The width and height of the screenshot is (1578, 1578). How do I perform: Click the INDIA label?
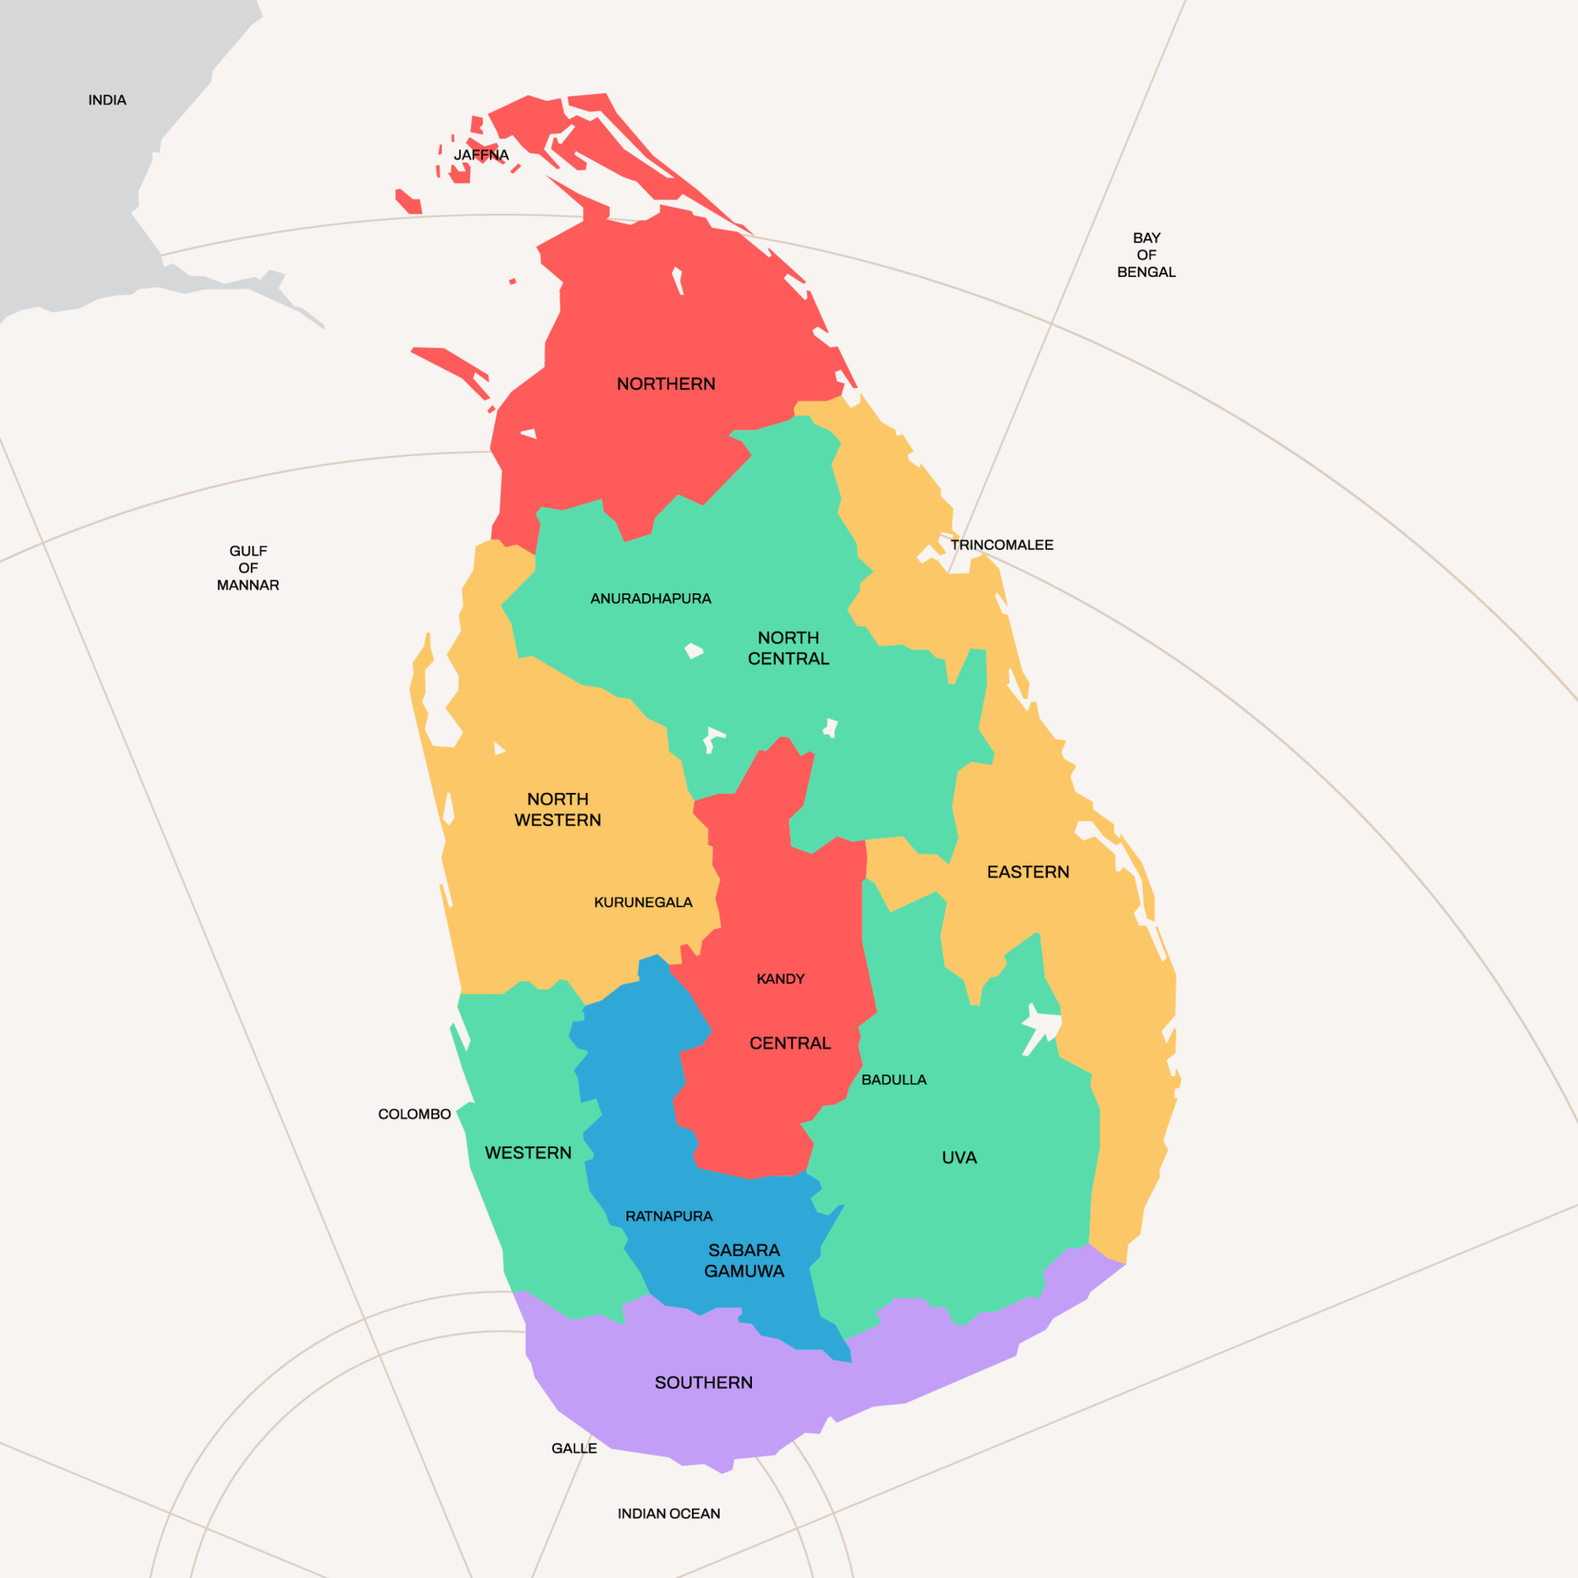tap(107, 100)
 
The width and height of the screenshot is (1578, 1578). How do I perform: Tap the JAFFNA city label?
tap(481, 155)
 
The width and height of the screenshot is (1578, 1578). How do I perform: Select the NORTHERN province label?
tap(666, 384)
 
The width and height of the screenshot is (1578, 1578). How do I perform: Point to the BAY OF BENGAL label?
tap(1146, 255)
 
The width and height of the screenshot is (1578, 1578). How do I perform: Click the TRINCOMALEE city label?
tap(1002, 545)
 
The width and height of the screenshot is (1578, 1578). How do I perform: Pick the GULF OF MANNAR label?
tap(247, 568)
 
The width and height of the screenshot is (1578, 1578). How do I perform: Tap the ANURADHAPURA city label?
tap(650, 598)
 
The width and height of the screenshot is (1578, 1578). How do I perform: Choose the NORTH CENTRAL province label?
tap(788, 648)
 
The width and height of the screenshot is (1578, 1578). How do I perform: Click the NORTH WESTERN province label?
tap(557, 810)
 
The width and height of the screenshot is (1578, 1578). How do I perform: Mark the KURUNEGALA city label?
tap(643, 902)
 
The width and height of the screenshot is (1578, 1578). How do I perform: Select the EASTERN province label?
tap(1027, 872)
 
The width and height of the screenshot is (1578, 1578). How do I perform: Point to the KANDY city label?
tap(780, 979)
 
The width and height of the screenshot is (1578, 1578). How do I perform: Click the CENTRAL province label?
tap(790, 1043)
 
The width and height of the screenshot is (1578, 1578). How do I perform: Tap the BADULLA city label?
tap(893, 1080)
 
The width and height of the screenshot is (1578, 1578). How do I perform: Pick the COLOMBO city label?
tap(414, 1114)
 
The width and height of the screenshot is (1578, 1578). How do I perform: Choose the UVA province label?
tap(959, 1157)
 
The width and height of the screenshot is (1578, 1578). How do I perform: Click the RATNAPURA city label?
tap(668, 1216)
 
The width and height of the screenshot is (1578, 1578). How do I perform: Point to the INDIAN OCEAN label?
tap(668, 1514)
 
